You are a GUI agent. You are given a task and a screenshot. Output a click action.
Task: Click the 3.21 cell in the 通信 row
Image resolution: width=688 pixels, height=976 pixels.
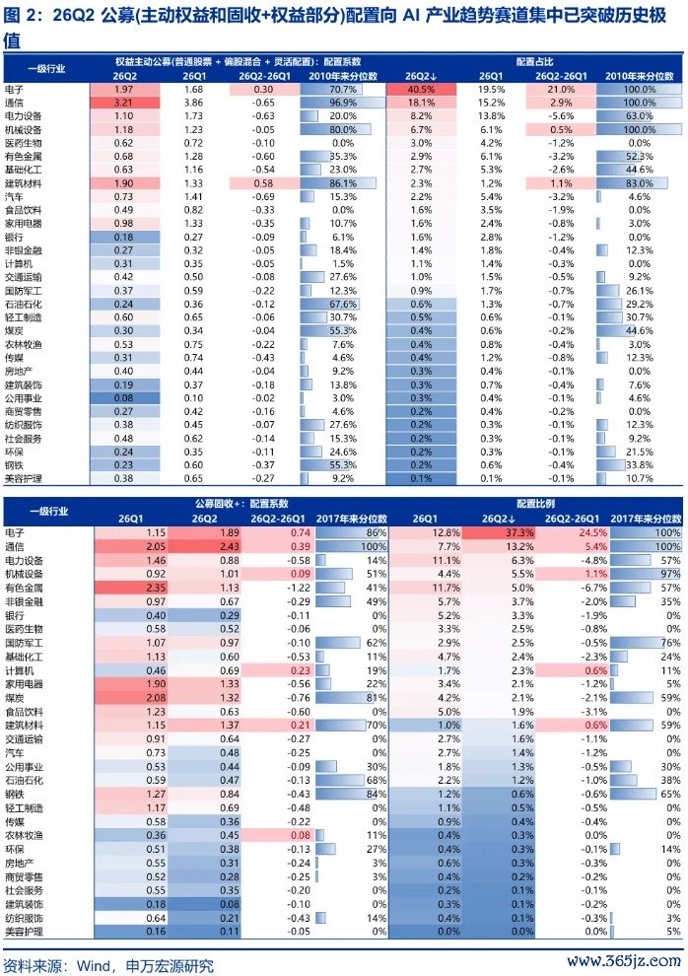click(123, 103)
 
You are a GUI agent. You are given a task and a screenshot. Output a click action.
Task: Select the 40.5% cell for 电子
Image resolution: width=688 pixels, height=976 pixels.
click(421, 89)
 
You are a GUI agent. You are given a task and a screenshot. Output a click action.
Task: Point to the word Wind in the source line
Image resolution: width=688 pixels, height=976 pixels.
click(94, 965)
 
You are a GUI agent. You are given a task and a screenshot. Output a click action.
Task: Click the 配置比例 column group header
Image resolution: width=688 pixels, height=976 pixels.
click(535, 504)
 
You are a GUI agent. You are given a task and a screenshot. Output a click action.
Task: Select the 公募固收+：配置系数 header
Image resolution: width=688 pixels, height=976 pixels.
click(241, 504)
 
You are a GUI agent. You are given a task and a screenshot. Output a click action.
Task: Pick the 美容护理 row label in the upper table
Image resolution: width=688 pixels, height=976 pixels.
click(23, 479)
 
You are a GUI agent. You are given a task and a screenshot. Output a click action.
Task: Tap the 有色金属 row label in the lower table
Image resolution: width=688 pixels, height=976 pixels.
click(24, 589)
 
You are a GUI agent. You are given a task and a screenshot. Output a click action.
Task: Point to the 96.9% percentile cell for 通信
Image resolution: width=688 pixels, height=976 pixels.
click(343, 103)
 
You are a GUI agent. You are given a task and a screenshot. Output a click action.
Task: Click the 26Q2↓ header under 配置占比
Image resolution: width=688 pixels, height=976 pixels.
click(421, 76)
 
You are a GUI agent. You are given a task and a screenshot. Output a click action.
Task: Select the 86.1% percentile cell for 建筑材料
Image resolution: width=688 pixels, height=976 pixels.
click(343, 183)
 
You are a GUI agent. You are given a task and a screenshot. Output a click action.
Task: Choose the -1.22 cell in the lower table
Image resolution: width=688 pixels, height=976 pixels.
click(300, 589)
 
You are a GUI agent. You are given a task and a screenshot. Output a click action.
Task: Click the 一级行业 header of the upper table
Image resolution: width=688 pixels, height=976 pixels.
click(46, 68)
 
